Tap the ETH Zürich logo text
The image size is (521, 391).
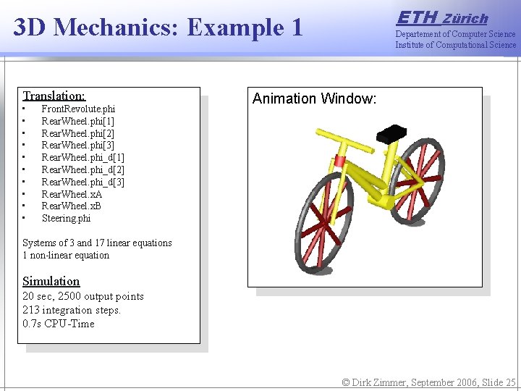[443, 17]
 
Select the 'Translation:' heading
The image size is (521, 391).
[54, 96]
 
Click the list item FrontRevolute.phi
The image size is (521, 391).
[78, 109]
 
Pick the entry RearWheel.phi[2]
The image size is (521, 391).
[77, 133]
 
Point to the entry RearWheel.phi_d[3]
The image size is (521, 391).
[82, 182]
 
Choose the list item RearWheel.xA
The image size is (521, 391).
[72, 194]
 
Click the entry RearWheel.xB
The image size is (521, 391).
[72, 206]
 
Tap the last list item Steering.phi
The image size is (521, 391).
[66, 218]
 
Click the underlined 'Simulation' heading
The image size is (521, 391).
[51, 281]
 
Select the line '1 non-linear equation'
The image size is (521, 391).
[66, 255]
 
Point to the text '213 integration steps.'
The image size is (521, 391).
[72, 310]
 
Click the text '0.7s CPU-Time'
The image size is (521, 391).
[59, 324]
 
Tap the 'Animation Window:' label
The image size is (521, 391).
[314, 98]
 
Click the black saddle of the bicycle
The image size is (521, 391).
[391, 133]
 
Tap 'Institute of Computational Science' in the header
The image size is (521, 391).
[455, 45]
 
